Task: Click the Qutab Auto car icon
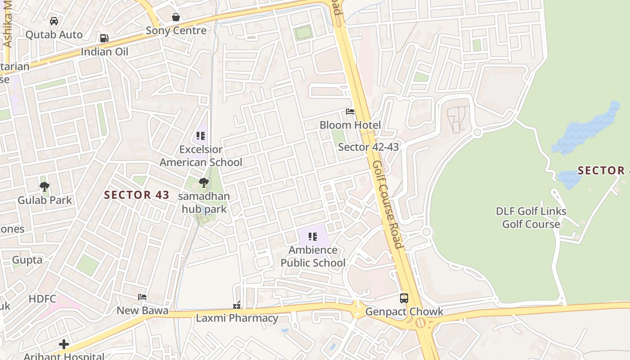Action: pyautogui.click(x=54, y=21)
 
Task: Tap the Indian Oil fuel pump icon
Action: pyautogui.click(x=104, y=38)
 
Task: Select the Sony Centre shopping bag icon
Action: pyautogui.click(x=176, y=17)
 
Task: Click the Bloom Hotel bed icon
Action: pyautogui.click(x=350, y=112)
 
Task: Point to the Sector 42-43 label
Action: pyautogui.click(x=368, y=147)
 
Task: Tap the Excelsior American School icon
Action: pyautogui.click(x=201, y=135)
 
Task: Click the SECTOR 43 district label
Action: pyautogui.click(x=137, y=195)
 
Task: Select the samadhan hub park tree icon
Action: pyautogui.click(x=204, y=182)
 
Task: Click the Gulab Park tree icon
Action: pyautogui.click(x=44, y=186)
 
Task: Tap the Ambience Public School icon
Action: pyautogui.click(x=313, y=236)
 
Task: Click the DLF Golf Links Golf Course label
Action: pyautogui.click(x=531, y=217)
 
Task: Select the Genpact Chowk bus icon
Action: pyautogui.click(x=404, y=298)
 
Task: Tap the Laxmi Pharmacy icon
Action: pyautogui.click(x=237, y=306)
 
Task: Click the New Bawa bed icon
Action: pyautogui.click(x=142, y=297)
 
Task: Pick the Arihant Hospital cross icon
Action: pyautogui.click(x=64, y=344)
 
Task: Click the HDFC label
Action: pyautogui.click(x=42, y=299)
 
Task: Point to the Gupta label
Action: pyautogui.click(x=27, y=260)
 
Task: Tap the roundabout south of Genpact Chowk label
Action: pyautogui.click(x=420, y=323)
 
